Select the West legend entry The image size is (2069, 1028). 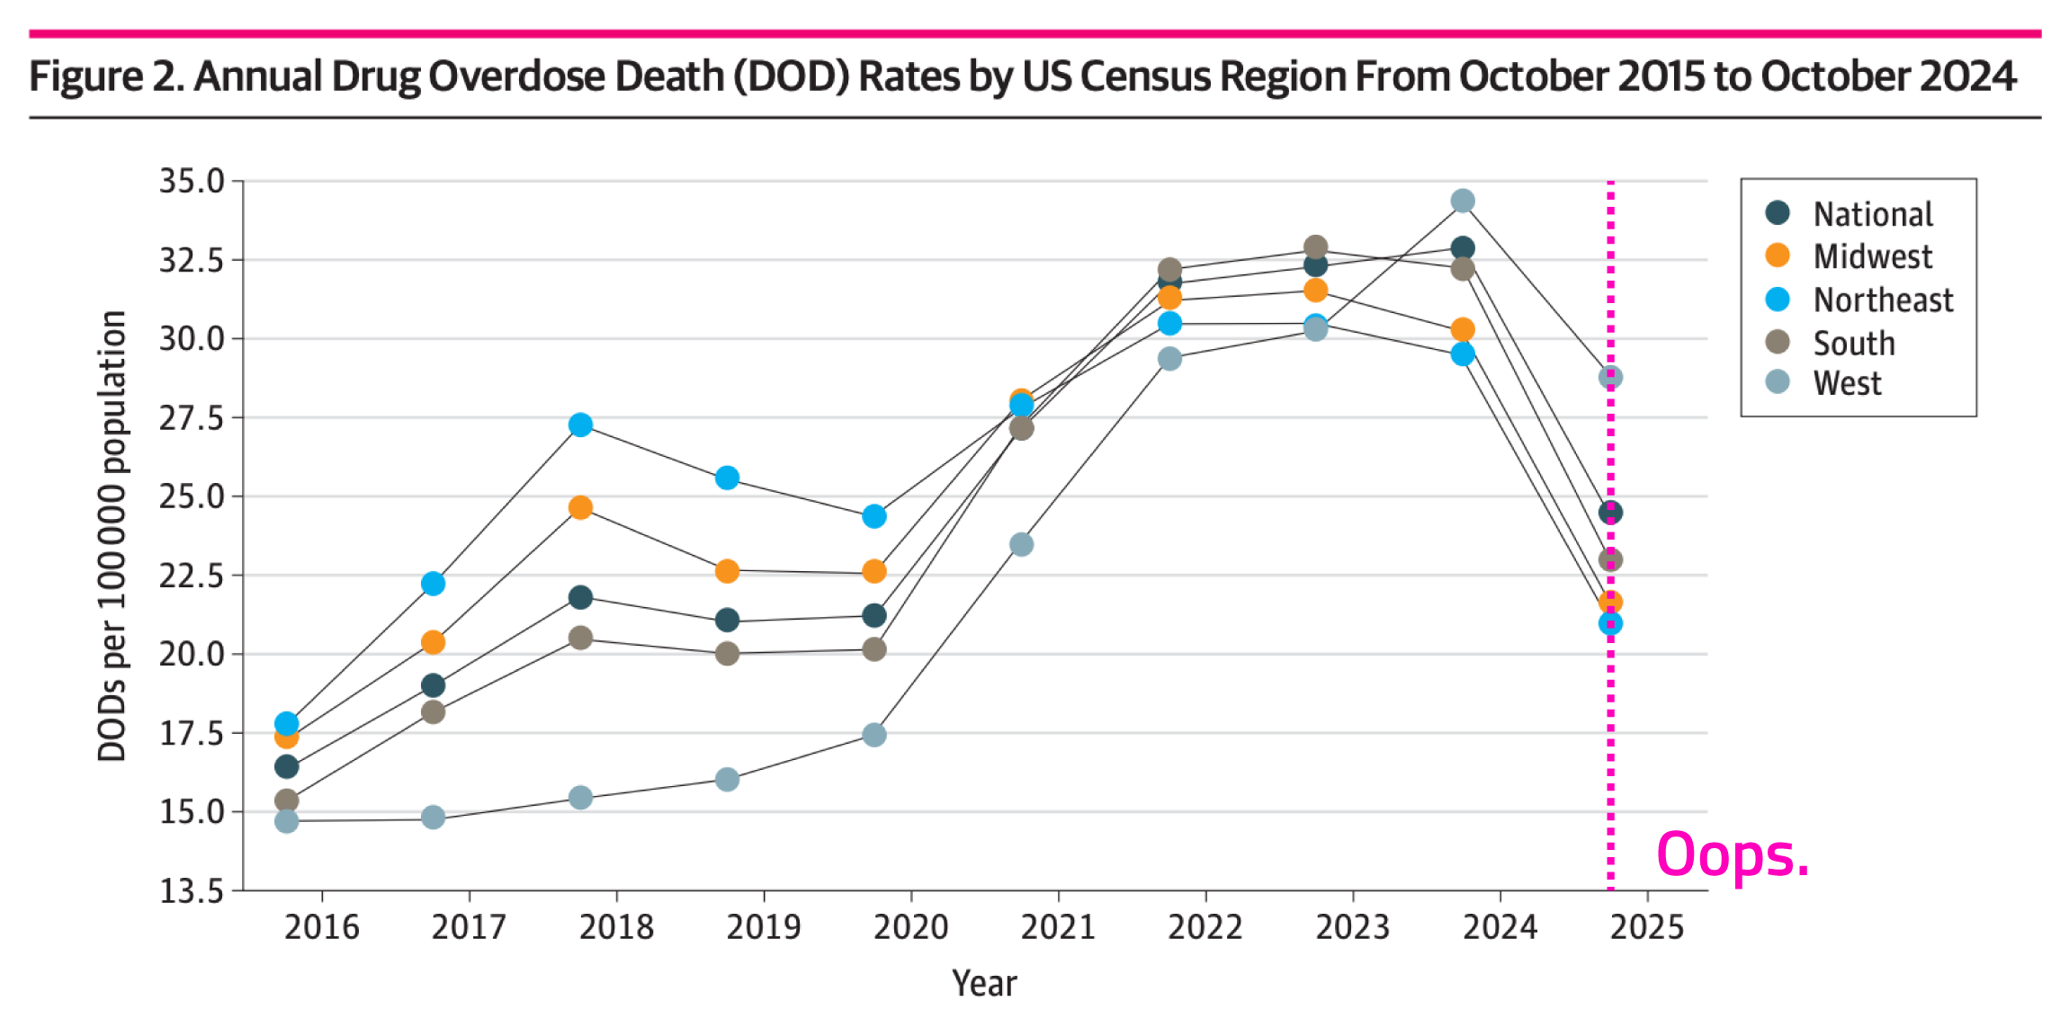1846,384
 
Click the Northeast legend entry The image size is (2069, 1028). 1883,299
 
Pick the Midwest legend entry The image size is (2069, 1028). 1872,257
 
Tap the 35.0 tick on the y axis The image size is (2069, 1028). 192,181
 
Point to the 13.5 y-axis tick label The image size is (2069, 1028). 192,890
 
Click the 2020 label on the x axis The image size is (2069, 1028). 910,927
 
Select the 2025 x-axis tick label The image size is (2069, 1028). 1646,927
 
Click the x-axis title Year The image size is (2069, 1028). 984,983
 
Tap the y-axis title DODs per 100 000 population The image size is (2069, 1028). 112,536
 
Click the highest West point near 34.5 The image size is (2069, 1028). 1463,201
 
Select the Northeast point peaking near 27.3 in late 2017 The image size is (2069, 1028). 580,425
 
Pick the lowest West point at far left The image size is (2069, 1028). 286,821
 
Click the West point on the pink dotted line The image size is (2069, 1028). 1610,377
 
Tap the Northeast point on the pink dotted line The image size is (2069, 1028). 1610,623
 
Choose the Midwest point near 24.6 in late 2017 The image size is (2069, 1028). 580,508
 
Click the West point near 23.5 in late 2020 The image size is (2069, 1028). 1021,544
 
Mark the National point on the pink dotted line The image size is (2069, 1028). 1610,513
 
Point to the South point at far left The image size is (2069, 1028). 286,800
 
